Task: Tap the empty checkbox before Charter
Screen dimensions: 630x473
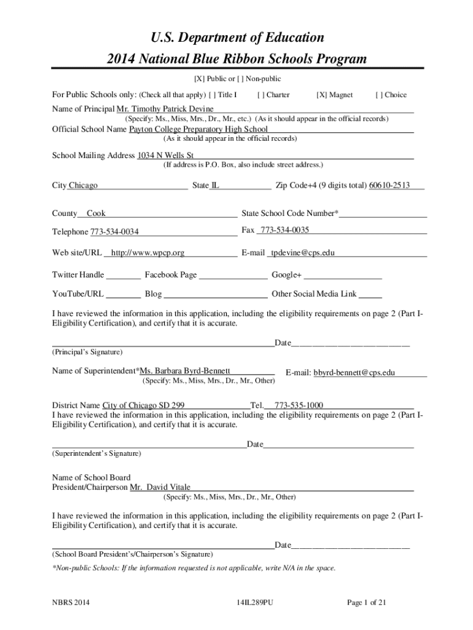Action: pyautogui.click(x=261, y=95)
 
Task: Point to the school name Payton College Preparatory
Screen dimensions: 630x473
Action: pyautogui.click(x=198, y=129)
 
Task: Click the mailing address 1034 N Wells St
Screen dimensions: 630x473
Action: pyautogui.click(x=165, y=156)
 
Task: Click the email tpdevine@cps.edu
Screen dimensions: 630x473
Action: pyautogui.click(x=303, y=253)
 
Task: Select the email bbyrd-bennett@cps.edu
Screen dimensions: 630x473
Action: pyautogui.click(x=354, y=373)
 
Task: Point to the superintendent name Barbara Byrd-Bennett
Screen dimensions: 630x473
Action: pyautogui.click(x=185, y=371)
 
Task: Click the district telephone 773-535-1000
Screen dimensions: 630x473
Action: pyautogui.click(x=299, y=405)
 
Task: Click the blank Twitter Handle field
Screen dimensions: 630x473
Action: pyautogui.click(x=127, y=275)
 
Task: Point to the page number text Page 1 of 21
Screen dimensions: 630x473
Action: pyautogui.click(x=367, y=603)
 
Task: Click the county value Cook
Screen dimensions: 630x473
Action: pyautogui.click(x=96, y=213)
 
